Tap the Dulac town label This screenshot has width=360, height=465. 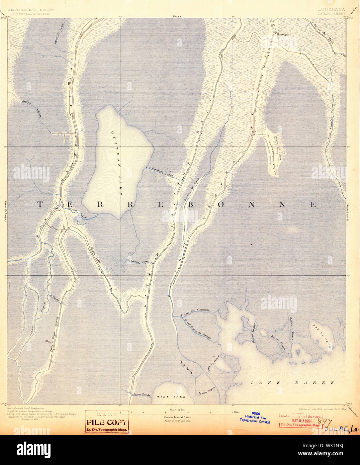(x=54, y=208)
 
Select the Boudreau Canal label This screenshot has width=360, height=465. (x=162, y=171)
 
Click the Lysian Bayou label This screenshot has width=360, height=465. (x=206, y=390)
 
